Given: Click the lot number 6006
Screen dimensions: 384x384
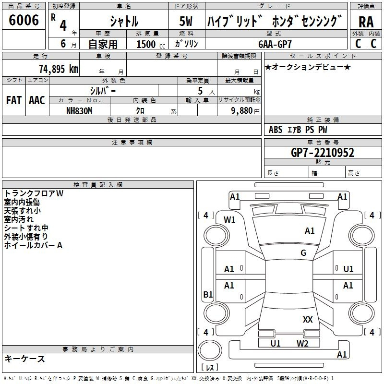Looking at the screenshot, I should pos(24,21).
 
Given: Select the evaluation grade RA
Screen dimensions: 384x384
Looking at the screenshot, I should pos(366,22).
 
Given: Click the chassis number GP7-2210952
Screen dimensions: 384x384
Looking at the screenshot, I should pos(323,153).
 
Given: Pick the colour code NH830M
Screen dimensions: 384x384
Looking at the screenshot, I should pos(79,110).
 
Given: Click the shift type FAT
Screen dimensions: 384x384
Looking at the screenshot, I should pos(13,100).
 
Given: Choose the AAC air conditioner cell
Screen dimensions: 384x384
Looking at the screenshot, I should pos(37,100).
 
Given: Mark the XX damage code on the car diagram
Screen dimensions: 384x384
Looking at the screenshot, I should pos(308,320).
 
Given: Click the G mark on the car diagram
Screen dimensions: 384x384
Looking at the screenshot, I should pos(303,253).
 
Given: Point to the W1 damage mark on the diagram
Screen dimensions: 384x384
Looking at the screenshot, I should pos(230,220).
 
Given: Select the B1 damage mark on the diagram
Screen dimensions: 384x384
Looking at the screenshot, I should pos(208,295).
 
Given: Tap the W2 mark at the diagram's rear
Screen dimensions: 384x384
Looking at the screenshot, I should pos(302,343).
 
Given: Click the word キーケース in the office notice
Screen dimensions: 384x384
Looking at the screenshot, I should pos(25,359).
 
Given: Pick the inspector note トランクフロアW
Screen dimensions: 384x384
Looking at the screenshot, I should pos(34,193).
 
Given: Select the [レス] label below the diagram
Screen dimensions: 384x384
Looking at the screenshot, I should pos(210,368).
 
